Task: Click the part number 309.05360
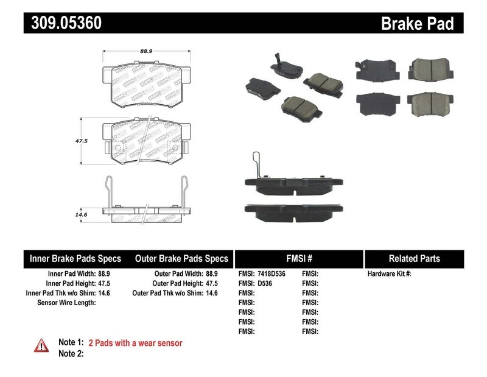tap(63, 23)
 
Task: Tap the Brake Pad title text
tap(417, 24)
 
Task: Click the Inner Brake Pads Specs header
tap(75, 259)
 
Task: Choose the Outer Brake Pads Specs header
tap(181, 259)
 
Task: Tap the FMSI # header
tap(298, 259)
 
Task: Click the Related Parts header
tap(414, 259)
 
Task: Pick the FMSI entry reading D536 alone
tap(264, 284)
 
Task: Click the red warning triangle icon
tap(41, 345)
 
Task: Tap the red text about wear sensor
tap(135, 343)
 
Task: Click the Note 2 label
tap(71, 353)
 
